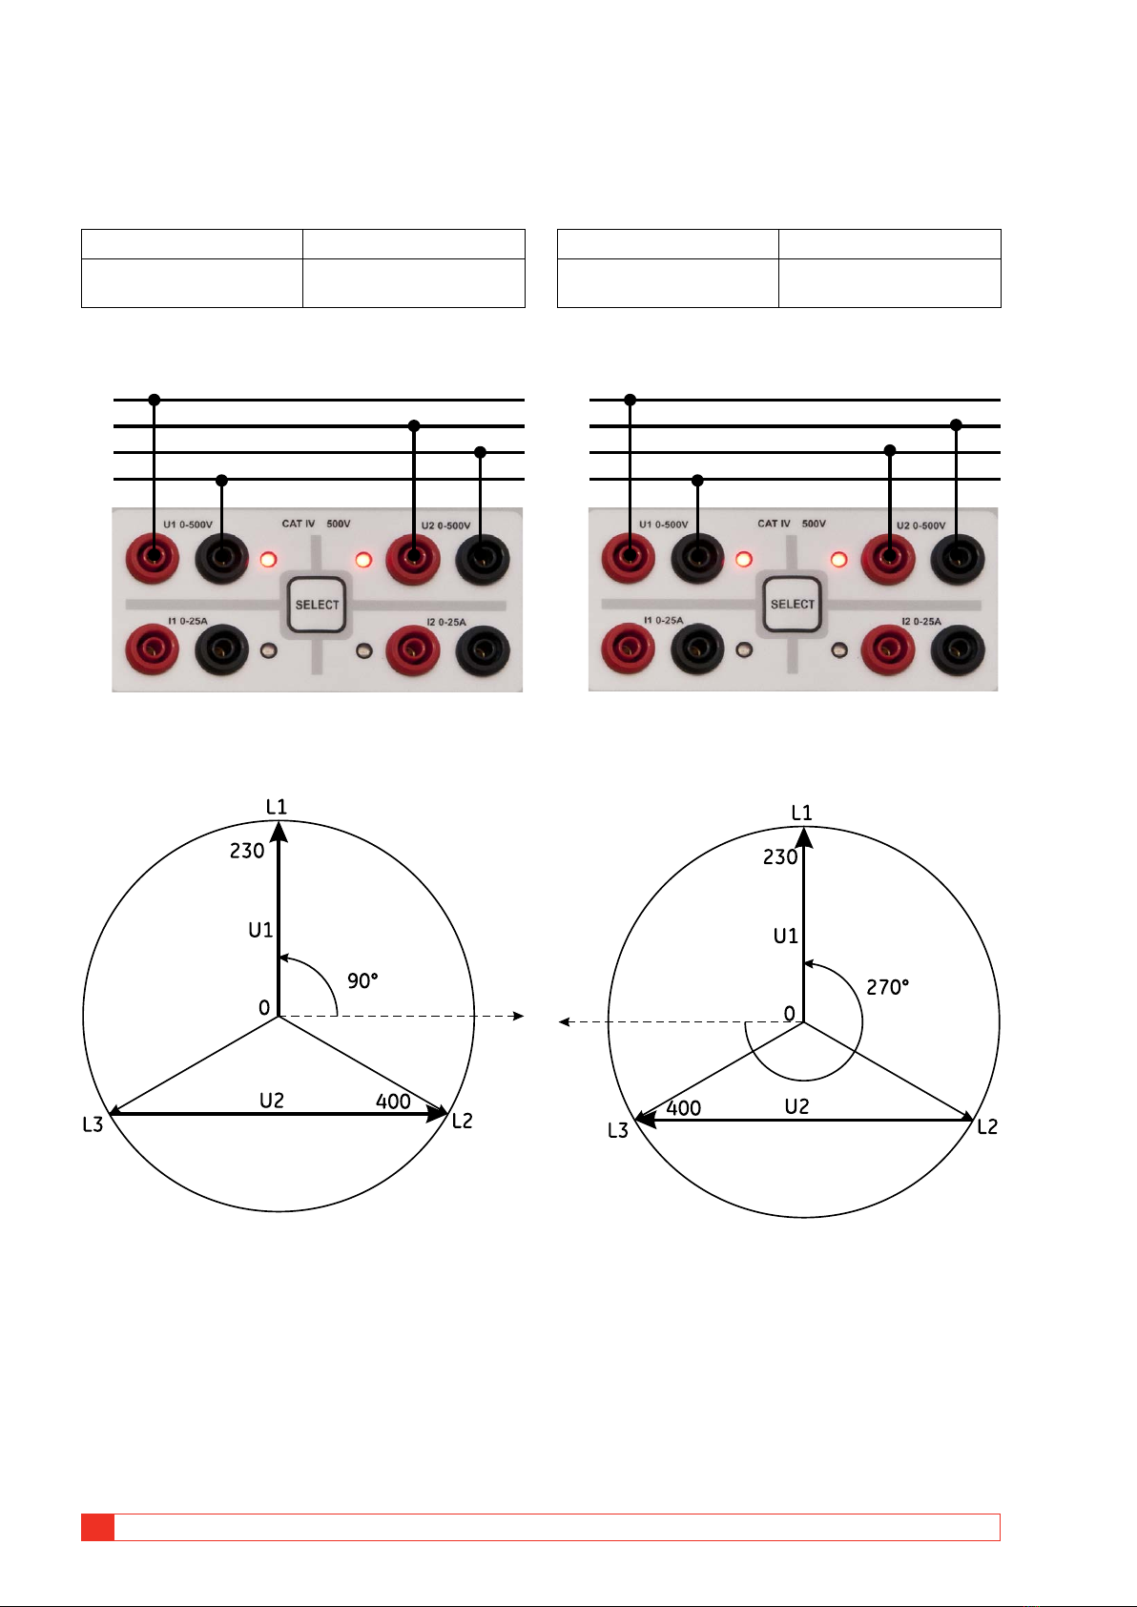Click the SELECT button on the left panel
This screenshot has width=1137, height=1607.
[317, 605]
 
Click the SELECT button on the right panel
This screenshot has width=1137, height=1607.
[792, 604]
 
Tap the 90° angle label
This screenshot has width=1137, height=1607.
[363, 980]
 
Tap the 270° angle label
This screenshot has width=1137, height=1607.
[887, 987]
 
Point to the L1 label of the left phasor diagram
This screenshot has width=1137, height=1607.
[277, 807]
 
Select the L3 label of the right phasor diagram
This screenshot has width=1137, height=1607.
[618, 1131]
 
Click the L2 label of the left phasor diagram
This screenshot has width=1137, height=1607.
[462, 1121]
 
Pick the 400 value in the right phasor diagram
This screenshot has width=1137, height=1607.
[684, 1108]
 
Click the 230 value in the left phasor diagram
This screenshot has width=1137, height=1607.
[247, 851]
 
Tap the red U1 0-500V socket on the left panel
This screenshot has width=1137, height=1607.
[152, 557]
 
